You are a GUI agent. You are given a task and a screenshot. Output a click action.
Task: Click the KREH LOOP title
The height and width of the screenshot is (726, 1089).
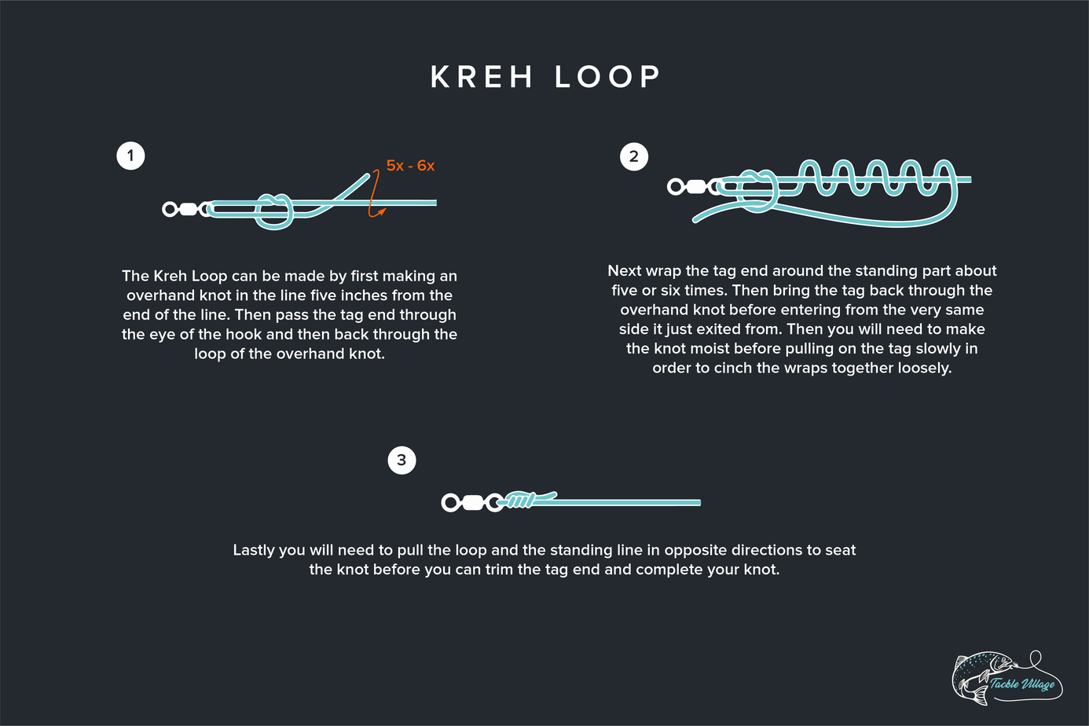click(x=545, y=77)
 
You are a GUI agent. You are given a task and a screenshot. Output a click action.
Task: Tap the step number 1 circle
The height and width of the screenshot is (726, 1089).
click(x=130, y=156)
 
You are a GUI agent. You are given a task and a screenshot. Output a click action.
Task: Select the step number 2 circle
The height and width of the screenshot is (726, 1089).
click(x=634, y=156)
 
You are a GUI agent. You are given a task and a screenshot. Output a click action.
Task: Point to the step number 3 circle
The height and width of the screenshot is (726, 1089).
click(x=401, y=460)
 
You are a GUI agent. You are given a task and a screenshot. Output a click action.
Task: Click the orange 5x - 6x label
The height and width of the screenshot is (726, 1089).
click(x=410, y=166)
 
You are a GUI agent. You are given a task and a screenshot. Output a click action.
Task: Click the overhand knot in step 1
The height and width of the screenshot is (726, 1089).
click(x=273, y=210)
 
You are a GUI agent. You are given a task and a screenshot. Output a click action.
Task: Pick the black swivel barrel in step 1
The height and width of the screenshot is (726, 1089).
click(x=188, y=209)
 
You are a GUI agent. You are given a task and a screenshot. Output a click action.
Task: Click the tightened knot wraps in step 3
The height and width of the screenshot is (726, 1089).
click(x=519, y=500)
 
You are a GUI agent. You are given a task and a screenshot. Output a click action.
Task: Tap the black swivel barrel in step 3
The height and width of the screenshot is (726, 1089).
click(x=472, y=503)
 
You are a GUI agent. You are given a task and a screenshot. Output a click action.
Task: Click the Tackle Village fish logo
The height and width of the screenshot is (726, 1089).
click(x=1006, y=676)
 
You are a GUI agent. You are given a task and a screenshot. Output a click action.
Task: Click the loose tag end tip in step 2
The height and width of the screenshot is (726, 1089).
click(x=695, y=219)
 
